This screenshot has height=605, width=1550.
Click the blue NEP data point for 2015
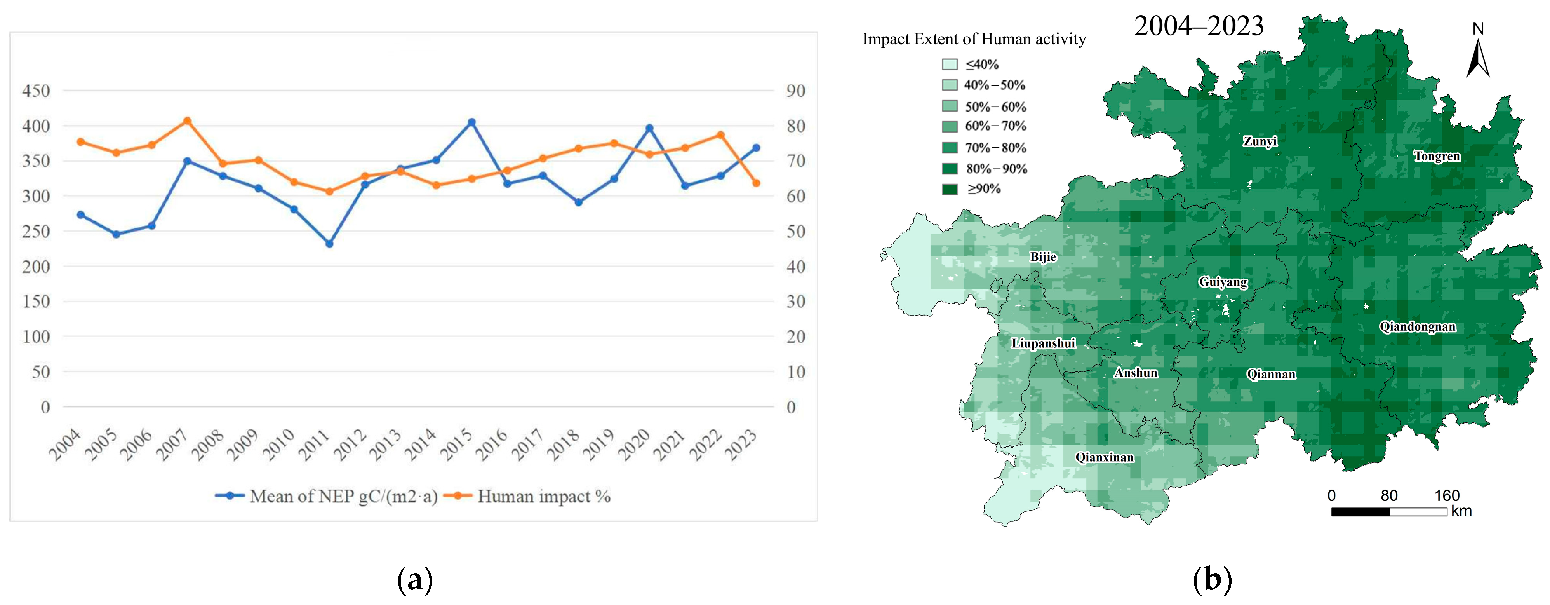tap(472, 122)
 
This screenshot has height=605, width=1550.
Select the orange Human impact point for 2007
tap(187, 121)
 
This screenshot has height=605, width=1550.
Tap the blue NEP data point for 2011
tap(329, 244)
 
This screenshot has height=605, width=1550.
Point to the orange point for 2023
tap(756, 183)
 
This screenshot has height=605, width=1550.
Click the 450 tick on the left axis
tap(36, 91)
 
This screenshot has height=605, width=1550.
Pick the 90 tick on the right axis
tap(795, 91)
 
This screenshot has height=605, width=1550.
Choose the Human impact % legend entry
tap(527, 496)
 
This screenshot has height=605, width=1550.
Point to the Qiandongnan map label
tap(1418, 327)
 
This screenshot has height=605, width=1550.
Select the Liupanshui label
tap(1043, 343)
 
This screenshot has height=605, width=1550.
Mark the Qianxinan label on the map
tap(1105, 457)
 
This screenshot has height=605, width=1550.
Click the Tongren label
tap(1437, 157)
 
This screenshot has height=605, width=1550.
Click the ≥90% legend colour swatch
tap(950, 189)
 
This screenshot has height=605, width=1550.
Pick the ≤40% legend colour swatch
tap(950, 64)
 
